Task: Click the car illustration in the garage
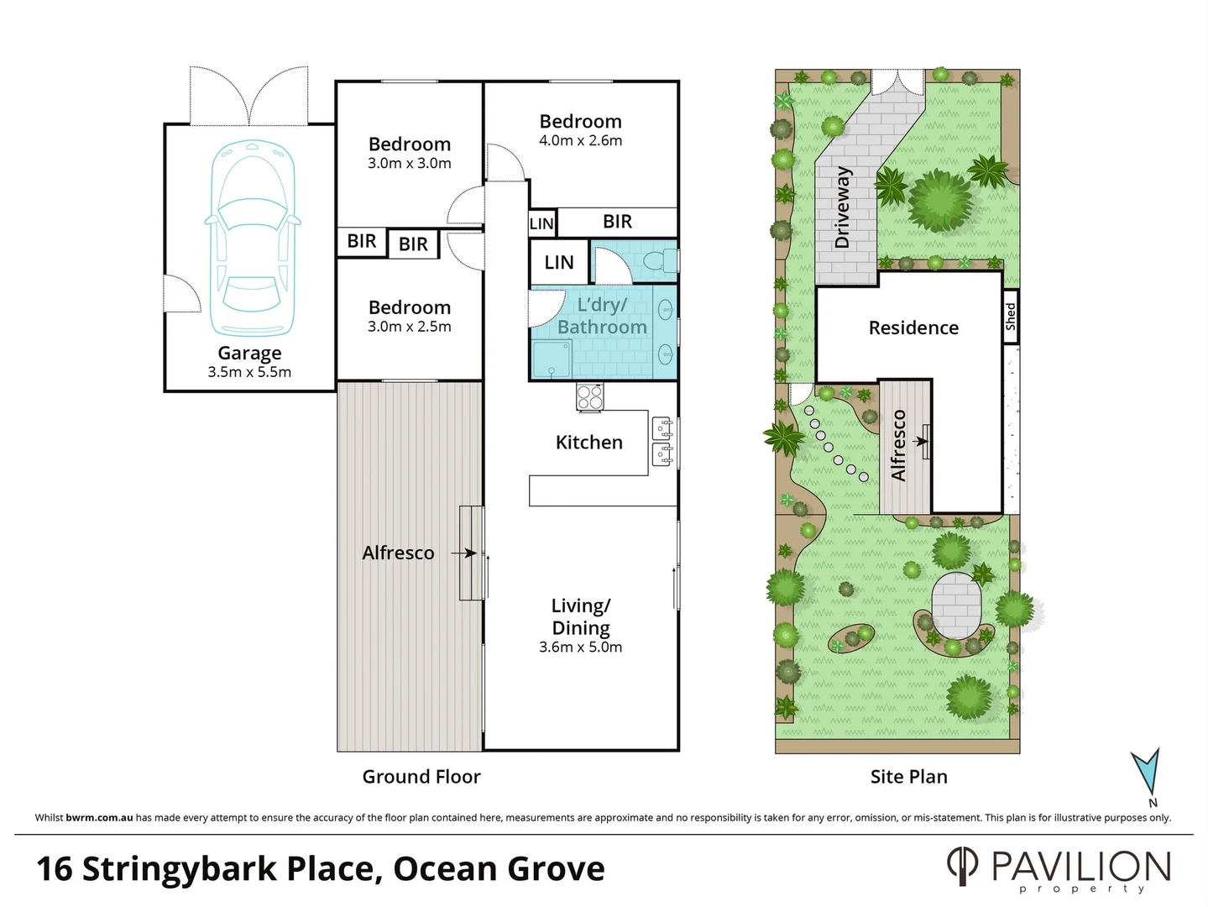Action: (x=250, y=239)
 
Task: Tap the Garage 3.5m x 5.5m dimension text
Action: (x=249, y=372)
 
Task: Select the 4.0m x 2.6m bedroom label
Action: (x=580, y=141)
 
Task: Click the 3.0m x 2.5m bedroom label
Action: (x=409, y=327)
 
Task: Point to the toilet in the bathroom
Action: (x=660, y=262)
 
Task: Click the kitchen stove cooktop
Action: (x=590, y=396)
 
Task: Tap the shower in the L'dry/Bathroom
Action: (x=551, y=359)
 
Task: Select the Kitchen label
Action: (x=588, y=443)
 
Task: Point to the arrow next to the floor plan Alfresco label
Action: (x=463, y=553)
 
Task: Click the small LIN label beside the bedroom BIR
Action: (x=541, y=223)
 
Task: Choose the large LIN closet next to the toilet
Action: (x=558, y=263)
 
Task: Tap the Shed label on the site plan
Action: (x=1011, y=317)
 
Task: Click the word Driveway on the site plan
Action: (x=843, y=207)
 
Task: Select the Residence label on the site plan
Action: (x=913, y=328)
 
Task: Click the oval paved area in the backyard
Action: (x=955, y=606)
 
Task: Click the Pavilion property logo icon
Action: (x=962, y=866)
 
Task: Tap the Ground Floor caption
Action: (x=421, y=777)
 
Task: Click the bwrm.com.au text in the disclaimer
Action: (x=99, y=818)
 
